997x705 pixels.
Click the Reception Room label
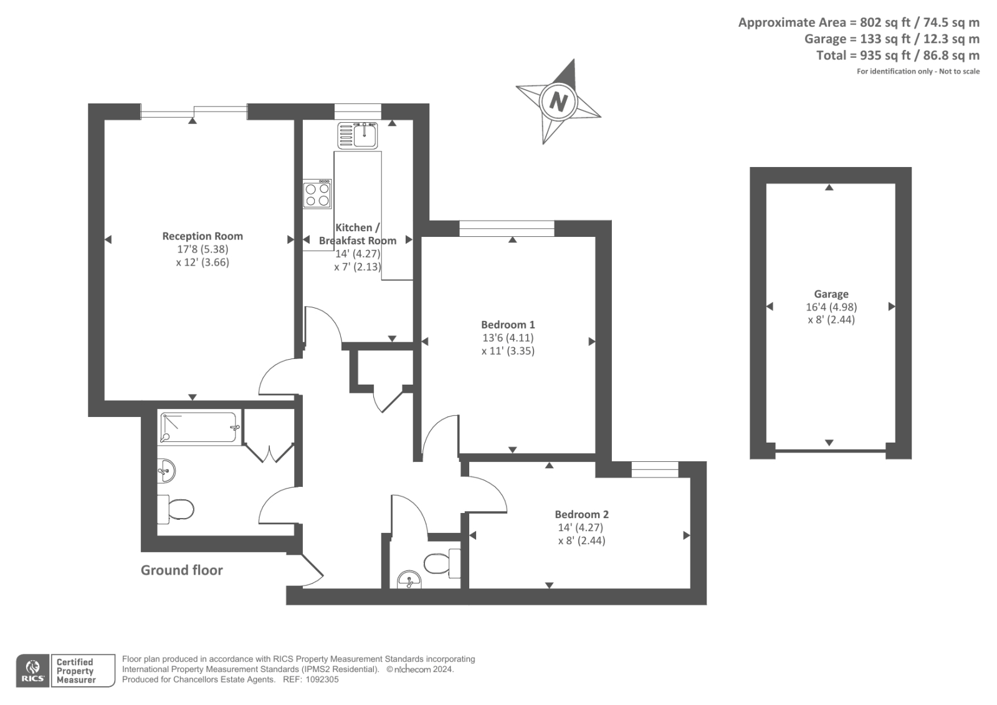(203, 236)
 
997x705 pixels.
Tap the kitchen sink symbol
(358, 135)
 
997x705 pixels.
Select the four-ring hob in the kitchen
(317, 194)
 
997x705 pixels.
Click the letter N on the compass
(558, 101)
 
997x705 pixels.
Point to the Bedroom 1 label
(508, 324)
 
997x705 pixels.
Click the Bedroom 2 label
(581, 514)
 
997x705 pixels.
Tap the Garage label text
(831, 294)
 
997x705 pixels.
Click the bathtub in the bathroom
(199, 427)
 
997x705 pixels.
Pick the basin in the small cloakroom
(409, 580)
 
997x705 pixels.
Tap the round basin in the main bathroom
(166, 470)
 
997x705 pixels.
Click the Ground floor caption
(181, 570)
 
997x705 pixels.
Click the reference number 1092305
(320, 679)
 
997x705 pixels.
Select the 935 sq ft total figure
(885, 55)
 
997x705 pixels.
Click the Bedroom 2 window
(654, 469)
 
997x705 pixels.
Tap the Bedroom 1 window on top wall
(507, 228)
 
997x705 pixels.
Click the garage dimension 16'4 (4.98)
(831, 307)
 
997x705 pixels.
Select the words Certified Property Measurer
(75, 671)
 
